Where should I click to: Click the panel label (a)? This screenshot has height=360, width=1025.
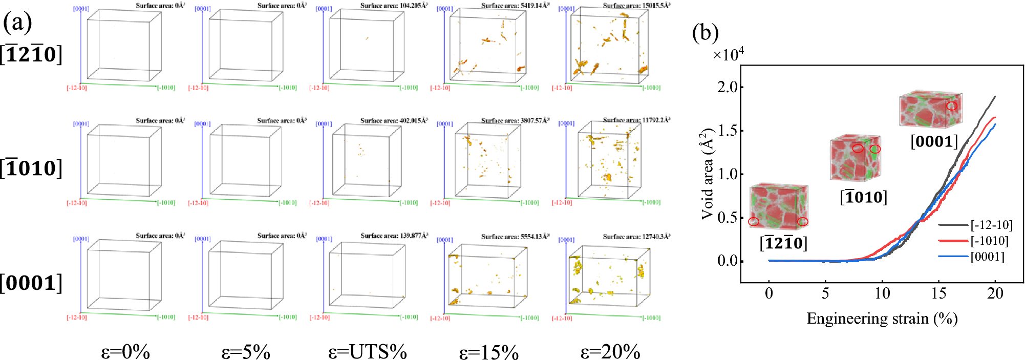pos(17,22)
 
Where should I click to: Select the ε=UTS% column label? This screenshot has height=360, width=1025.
pos(367,352)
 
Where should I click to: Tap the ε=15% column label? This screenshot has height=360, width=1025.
pos(489,352)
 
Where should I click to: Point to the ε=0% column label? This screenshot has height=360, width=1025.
pos(125,352)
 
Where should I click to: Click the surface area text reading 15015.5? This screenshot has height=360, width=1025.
pos(636,6)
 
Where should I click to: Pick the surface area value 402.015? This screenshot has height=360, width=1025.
pos(394,120)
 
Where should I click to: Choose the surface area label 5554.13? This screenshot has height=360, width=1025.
pos(515,237)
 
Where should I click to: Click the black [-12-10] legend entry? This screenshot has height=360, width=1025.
pos(991,225)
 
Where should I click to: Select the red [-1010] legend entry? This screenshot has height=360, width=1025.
pos(989,241)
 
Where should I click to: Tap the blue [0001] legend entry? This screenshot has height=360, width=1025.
pos(987,257)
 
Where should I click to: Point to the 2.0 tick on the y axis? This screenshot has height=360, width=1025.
pos(727,87)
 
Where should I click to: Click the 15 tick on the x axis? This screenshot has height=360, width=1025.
pos(938,293)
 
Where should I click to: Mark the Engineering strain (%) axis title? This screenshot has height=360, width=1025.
pos(882,319)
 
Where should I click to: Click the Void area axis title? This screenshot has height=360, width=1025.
pos(707,174)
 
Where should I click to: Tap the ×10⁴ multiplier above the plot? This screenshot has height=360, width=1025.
pos(729,54)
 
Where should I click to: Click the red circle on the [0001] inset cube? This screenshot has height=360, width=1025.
pos(951,106)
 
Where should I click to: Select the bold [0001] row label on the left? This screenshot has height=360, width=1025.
pos(31,283)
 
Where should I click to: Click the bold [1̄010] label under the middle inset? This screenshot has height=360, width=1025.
pos(863,197)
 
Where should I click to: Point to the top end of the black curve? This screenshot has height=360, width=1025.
pos(995,96)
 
